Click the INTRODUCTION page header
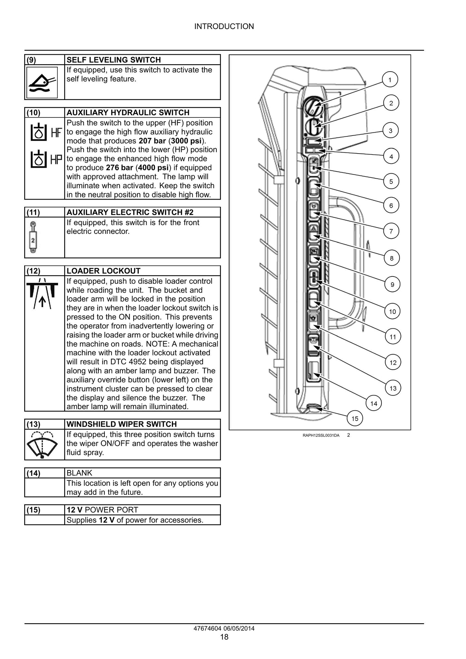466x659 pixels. [224, 26]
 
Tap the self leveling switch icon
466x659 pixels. [42, 83]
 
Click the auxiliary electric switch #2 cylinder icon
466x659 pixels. [33, 237]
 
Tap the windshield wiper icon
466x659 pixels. [42, 444]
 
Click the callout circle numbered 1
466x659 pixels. [390, 80]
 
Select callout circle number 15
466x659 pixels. [355, 419]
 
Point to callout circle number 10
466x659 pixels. [392, 312]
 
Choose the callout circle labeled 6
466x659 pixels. [391, 205]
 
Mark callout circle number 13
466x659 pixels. [393, 388]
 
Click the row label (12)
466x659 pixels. [33, 271]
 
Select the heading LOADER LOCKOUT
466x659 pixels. [104, 271]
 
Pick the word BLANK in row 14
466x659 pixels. [79, 473]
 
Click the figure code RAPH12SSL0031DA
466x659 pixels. [321, 435]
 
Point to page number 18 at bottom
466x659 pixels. [224, 637]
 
